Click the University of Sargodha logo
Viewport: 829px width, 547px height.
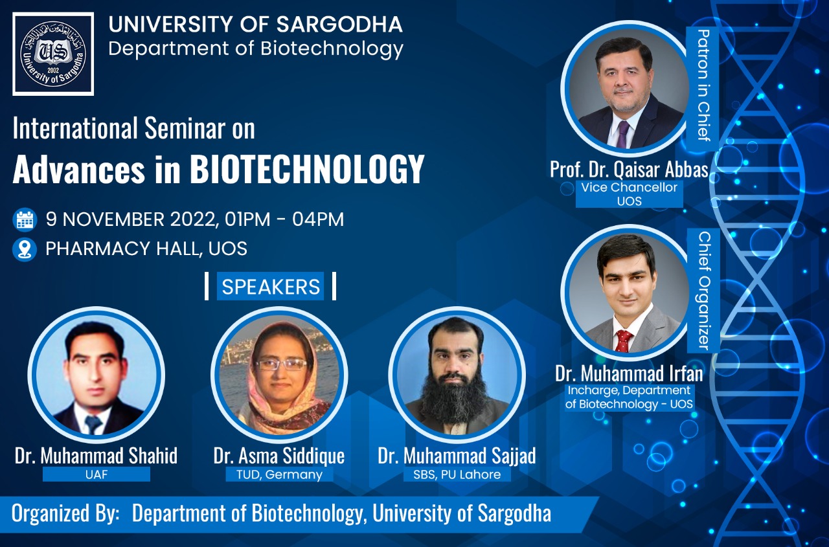(x=53, y=54)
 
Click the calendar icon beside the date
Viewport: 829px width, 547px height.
(x=25, y=219)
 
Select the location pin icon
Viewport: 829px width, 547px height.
(x=25, y=249)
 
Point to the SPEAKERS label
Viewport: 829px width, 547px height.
(x=271, y=287)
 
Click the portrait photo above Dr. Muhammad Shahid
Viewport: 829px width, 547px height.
(x=96, y=375)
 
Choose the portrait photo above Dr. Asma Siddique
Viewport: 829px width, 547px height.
(x=279, y=375)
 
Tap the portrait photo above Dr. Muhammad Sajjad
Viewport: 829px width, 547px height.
(x=457, y=375)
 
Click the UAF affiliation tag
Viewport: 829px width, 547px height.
(x=96, y=474)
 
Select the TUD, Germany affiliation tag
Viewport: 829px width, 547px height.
(x=275, y=474)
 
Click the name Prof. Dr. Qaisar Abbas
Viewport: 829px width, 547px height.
(x=628, y=169)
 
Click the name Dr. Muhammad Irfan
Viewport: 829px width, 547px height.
(x=628, y=373)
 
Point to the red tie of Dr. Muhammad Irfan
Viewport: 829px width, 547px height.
(x=624, y=340)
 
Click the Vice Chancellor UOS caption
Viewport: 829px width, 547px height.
(x=629, y=194)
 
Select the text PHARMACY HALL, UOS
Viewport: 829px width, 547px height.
(x=146, y=249)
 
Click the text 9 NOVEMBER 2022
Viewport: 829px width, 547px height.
(x=130, y=219)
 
